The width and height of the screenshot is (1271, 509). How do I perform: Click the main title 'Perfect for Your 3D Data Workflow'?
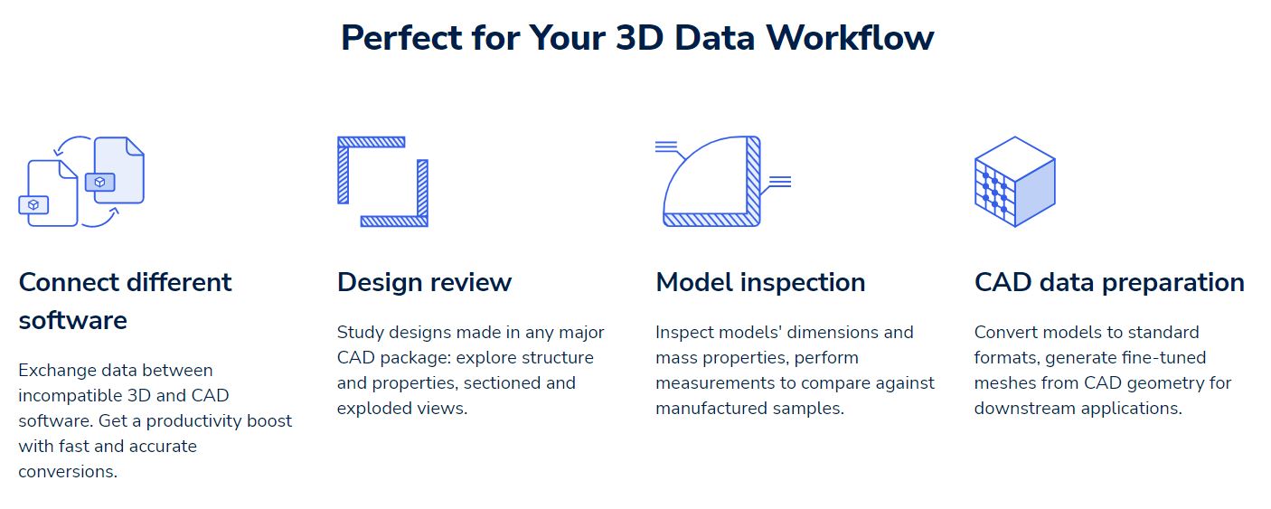636,38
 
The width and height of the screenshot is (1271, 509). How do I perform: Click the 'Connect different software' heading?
125,300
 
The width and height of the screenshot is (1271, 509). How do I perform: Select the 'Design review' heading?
424,282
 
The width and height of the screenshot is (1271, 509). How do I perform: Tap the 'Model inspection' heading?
760,282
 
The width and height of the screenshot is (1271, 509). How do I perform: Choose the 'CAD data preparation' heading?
1109,282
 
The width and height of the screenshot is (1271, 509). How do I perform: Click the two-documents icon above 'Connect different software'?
81,182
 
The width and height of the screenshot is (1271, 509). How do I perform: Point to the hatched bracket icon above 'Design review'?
382,182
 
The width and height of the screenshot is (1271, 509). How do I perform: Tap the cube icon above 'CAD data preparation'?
1014,182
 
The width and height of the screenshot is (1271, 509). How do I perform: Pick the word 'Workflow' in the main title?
849,38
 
